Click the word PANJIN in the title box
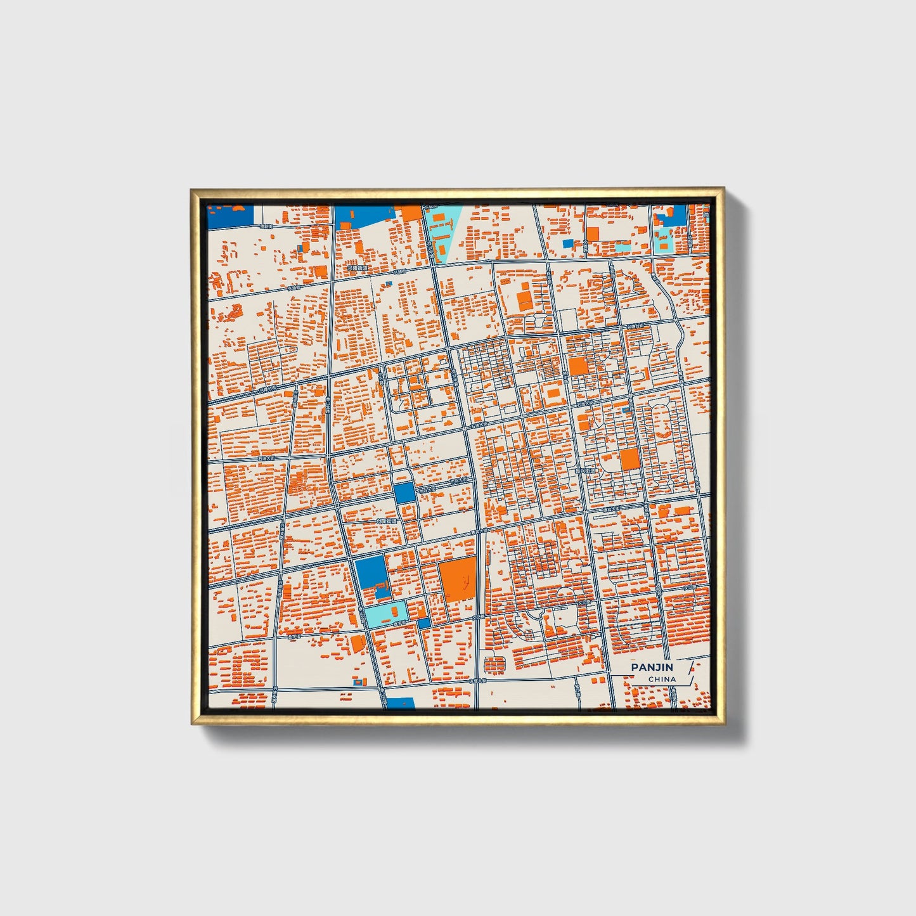click(x=652, y=667)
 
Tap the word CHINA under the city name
click(x=662, y=679)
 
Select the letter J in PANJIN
click(x=655, y=667)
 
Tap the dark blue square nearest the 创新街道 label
click(x=403, y=493)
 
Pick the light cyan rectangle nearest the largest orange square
click(x=386, y=614)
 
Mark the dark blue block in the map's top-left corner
click(x=230, y=216)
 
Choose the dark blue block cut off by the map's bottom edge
click(x=401, y=702)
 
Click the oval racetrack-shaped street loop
click(x=664, y=423)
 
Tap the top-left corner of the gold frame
click(x=192, y=190)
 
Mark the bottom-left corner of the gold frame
click(x=193, y=723)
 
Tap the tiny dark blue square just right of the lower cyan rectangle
click(x=423, y=622)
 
